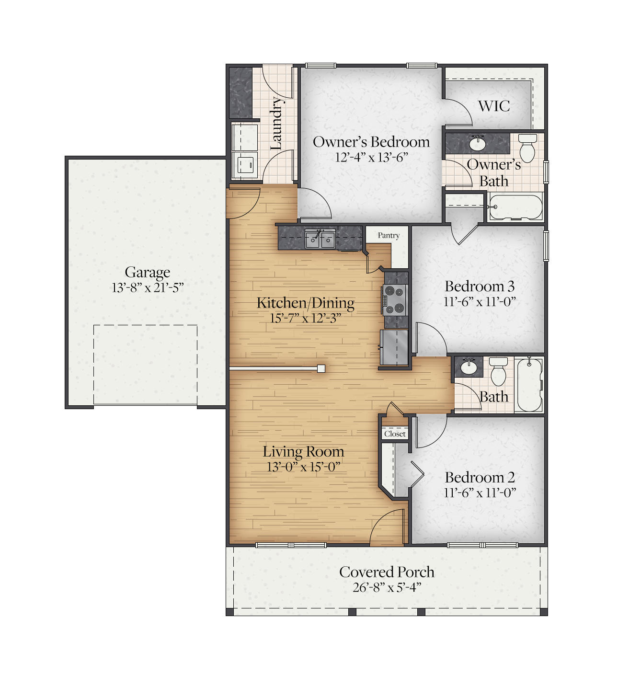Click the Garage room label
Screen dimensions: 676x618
click(147, 272)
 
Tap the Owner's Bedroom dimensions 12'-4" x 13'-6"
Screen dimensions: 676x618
click(371, 157)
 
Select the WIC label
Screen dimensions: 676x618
click(494, 106)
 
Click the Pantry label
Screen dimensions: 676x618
click(388, 235)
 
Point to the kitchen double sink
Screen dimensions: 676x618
click(320, 239)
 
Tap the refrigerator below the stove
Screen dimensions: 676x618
click(394, 347)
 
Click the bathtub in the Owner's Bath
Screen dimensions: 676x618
click(515, 207)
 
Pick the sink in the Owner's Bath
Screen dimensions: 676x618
click(477, 143)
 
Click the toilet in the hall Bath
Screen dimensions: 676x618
click(498, 372)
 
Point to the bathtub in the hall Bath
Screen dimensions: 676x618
click(529, 384)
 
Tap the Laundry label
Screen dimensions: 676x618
click(276, 123)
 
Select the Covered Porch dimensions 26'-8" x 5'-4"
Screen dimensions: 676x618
click(387, 587)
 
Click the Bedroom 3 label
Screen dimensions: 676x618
click(479, 286)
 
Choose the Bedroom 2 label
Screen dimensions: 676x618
click(480, 477)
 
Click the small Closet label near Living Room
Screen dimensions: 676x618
click(395, 434)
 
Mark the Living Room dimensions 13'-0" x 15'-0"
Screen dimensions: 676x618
click(303, 467)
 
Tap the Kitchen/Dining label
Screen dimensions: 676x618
click(306, 303)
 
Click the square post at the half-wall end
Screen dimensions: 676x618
click(321, 368)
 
